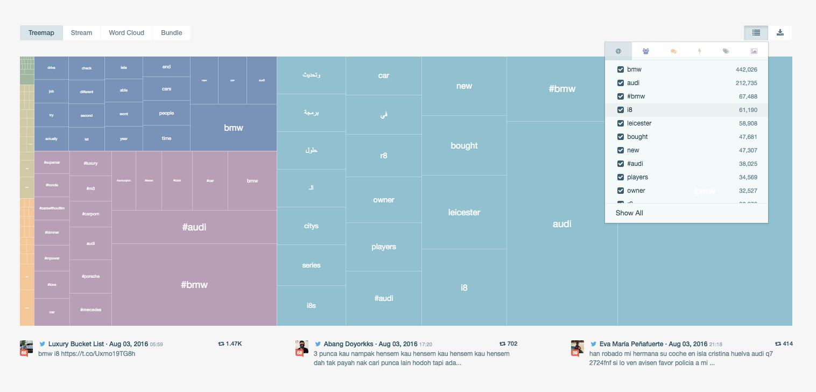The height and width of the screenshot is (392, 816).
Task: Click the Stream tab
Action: click(x=81, y=33)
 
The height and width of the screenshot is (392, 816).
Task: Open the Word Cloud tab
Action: click(x=126, y=33)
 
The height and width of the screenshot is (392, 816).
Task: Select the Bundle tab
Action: click(x=171, y=33)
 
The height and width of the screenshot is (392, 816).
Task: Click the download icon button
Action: click(x=780, y=33)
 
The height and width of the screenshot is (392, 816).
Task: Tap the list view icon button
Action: click(x=756, y=33)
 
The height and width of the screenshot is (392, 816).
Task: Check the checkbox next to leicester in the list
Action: click(x=621, y=123)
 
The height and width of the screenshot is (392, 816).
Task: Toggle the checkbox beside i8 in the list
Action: click(x=621, y=110)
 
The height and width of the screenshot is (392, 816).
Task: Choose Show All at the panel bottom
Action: click(x=629, y=213)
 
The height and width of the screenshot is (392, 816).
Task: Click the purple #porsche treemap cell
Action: click(x=90, y=276)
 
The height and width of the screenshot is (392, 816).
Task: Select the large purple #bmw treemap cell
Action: click(x=194, y=284)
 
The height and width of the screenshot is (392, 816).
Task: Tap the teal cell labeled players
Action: click(x=383, y=247)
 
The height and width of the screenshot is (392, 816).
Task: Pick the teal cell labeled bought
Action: click(x=464, y=145)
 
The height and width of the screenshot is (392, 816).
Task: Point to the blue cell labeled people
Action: click(x=166, y=113)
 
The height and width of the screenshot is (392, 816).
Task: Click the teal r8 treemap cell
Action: click(x=383, y=156)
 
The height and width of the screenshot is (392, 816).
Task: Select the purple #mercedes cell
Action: click(x=90, y=310)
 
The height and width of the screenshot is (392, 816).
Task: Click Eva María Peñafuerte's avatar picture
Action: click(x=578, y=347)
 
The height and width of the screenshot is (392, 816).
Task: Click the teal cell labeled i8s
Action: click(x=311, y=305)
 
